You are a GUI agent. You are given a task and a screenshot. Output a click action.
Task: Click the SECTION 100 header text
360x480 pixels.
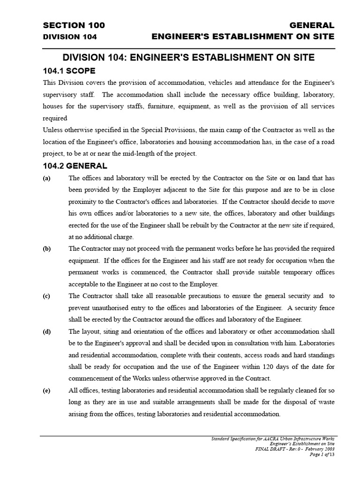click(x=74, y=25)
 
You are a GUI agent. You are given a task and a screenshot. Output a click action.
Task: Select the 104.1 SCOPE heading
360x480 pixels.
click(x=69, y=71)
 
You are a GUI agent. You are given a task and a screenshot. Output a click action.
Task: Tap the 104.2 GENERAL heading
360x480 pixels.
click(x=75, y=166)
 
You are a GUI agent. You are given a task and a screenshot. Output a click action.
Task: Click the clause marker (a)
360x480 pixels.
click(x=47, y=178)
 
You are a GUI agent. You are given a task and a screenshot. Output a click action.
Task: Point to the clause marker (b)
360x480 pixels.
click(x=47, y=248)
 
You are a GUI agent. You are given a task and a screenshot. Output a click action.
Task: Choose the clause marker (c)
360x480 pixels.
click(x=47, y=296)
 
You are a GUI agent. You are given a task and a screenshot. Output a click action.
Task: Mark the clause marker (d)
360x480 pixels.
click(x=47, y=331)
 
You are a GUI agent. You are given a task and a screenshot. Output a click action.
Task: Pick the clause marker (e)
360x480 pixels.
click(x=47, y=390)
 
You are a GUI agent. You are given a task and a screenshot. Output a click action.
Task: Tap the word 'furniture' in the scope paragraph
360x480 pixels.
click(x=172, y=106)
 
